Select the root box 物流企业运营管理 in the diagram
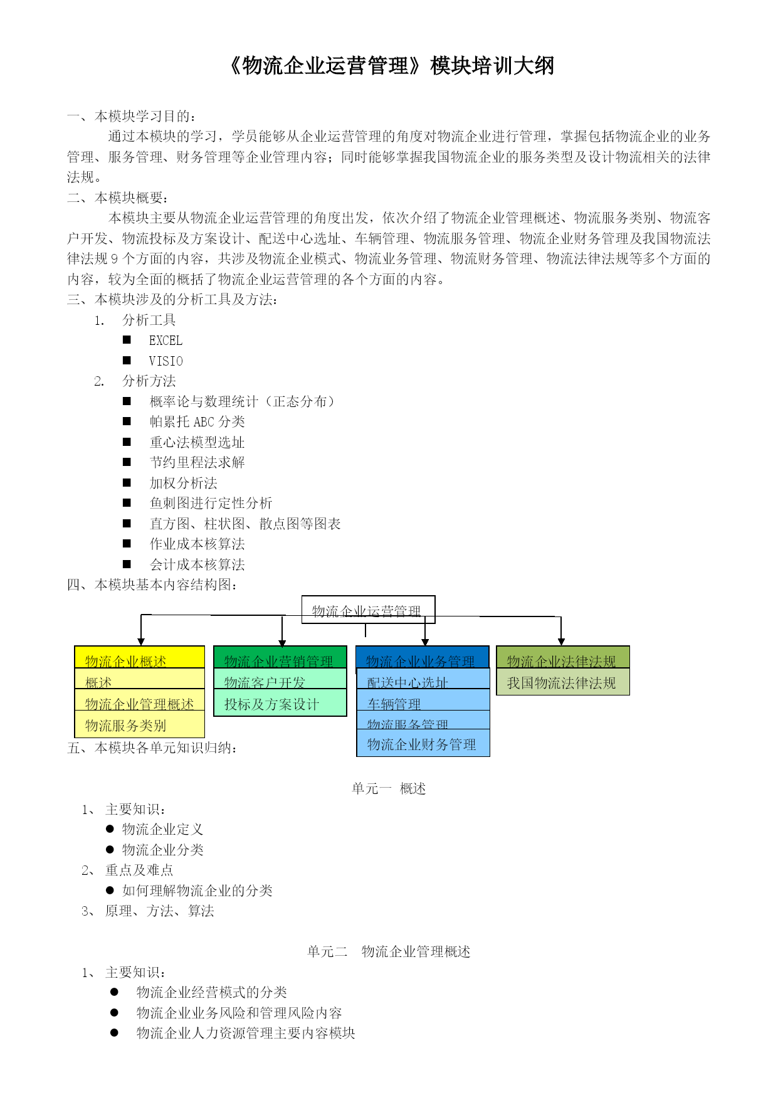click(368, 610)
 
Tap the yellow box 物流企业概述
click(139, 658)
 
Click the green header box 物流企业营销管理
click(280, 658)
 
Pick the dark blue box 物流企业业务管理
click(422, 658)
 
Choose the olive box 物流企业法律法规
click(562, 658)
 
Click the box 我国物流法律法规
click(562, 683)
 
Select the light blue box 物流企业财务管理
click(423, 744)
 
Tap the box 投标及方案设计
click(280, 704)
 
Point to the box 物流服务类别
click(139, 725)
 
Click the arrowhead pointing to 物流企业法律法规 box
click(561, 641)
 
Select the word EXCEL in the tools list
click(166, 341)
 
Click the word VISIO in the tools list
click(166, 361)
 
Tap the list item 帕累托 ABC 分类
click(197, 422)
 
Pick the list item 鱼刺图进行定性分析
click(211, 503)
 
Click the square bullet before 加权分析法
click(127, 483)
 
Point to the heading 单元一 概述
click(389, 788)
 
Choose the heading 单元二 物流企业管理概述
click(389, 951)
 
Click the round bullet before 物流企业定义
click(110, 829)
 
